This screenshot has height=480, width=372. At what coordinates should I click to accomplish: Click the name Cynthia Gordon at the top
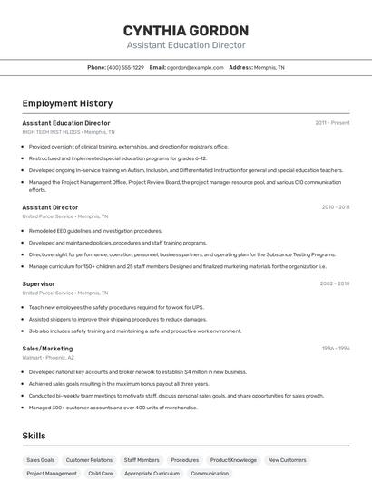[x=185, y=30]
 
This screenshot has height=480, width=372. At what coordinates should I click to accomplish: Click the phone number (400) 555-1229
[x=125, y=67]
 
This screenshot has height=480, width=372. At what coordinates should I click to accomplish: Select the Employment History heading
[x=67, y=103]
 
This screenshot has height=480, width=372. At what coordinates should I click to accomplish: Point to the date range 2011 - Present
[x=332, y=123]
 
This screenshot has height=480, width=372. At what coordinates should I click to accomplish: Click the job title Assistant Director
[x=50, y=207]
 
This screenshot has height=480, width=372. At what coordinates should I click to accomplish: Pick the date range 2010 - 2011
[x=336, y=207]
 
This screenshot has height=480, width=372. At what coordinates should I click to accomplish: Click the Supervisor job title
[x=38, y=283]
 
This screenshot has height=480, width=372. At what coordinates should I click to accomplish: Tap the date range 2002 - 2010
[x=335, y=283]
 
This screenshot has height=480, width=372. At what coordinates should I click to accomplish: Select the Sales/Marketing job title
[x=47, y=348]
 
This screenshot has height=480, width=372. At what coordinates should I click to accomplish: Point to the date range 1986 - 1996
[x=336, y=348]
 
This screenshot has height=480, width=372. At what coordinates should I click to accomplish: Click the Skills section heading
[x=34, y=436]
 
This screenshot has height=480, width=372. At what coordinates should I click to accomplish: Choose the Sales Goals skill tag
[x=40, y=460]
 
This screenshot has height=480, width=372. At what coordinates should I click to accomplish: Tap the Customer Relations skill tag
[x=89, y=460]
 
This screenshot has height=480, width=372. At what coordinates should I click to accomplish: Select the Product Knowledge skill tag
[x=233, y=460]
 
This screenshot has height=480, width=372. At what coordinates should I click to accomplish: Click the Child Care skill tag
[x=101, y=474]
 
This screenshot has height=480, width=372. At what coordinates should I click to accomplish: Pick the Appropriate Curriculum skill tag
[x=152, y=474]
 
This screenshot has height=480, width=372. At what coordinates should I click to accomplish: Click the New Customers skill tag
[x=287, y=460]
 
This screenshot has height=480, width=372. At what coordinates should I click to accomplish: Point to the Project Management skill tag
[x=52, y=474]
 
